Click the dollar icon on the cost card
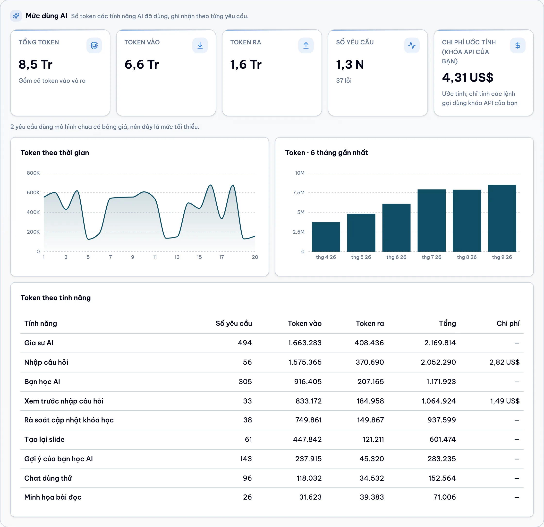517,45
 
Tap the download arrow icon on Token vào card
200,45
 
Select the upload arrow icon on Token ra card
306,45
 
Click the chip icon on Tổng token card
94,45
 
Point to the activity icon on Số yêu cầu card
412,45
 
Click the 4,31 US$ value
467,77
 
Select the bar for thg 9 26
502,218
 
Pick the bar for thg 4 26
326,237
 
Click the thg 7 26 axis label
431,257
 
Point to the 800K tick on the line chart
33,173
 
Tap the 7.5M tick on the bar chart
299,192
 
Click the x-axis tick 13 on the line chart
177,257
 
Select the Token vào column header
305,323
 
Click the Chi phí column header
508,323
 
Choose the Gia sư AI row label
39,343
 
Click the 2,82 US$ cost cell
504,362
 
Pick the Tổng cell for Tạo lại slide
442,439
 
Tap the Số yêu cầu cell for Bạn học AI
245,382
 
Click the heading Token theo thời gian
55,153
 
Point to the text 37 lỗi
344,81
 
